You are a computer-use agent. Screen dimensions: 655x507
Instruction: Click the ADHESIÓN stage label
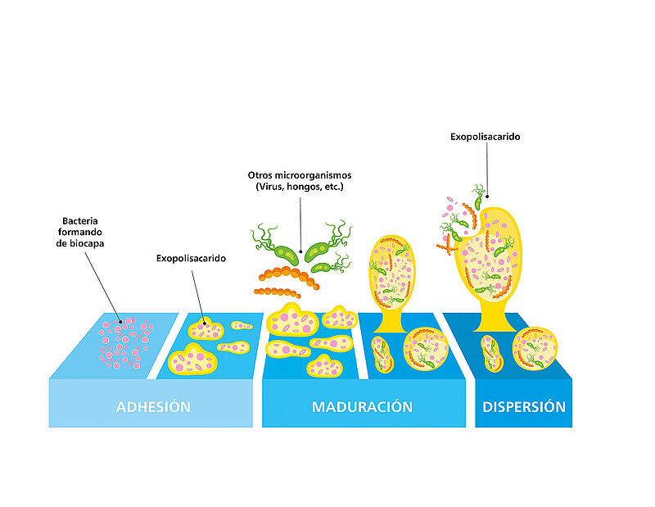pos(153,407)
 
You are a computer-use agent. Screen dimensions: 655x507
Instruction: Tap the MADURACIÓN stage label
pos(362,407)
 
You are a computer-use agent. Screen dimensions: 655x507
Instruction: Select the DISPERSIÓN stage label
pos(524,407)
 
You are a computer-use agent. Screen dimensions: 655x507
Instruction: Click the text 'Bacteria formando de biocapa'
pos(80,232)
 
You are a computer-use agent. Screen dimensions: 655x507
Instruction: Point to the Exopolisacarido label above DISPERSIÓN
pos(485,137)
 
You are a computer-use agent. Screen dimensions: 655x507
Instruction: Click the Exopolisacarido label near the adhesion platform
pos(191,258)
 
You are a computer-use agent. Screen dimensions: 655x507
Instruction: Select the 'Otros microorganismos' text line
pos(300,175)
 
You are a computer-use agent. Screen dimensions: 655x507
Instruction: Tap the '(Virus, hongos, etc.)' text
pos(300,187)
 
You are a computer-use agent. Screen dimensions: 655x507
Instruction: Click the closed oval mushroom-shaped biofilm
pos(391,280)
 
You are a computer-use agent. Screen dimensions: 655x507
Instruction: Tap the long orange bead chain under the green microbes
pos(289,276)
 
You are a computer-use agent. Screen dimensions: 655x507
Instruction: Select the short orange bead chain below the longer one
pos(277,292)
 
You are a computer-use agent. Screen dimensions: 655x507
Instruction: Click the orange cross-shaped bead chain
pos(446,246)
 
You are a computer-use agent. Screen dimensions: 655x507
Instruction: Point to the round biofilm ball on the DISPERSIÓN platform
pos(535,349)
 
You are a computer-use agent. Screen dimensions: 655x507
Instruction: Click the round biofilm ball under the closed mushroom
pos(426,349)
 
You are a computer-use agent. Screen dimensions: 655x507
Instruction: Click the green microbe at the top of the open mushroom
pos(478,197)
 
